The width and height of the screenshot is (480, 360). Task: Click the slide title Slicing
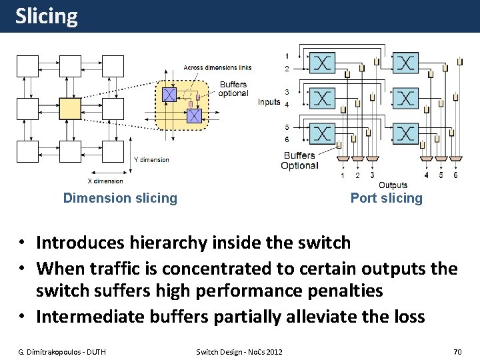(46, 16)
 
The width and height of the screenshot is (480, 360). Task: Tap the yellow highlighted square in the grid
(70, 108)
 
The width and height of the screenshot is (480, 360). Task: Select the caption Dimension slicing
(120, 198)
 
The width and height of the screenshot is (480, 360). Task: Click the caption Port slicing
(387, 198)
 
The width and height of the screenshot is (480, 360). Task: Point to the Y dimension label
(151, 160)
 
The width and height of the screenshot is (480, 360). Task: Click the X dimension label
(105, 181)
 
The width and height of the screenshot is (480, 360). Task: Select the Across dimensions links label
(217, 68)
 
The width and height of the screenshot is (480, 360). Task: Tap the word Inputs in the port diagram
(269, 102)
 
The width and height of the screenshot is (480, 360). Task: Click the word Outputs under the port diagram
(393, 185)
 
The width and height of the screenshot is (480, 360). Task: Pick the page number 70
(457, 351)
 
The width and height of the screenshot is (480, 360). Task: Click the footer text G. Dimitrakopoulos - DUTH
(61, 351)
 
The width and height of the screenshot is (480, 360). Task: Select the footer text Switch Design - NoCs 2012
(239, 351)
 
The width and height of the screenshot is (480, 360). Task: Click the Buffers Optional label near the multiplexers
(299, 161)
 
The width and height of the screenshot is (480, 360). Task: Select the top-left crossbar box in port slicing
(322, 63)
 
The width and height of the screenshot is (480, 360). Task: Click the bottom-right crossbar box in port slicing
(405, 133)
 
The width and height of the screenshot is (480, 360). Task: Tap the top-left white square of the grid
(27, 65)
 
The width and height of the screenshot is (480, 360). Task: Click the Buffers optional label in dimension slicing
(233, 89)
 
